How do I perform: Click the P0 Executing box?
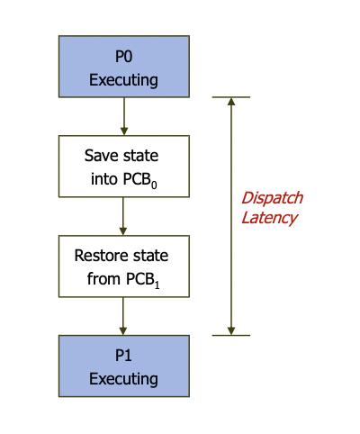click(123, 67)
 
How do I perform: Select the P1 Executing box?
click(123, 366)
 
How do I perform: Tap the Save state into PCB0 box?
click(123, 167)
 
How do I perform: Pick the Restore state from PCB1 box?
click(123, 267)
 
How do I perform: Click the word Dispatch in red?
click(272, 198)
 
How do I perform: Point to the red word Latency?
click(269, 218)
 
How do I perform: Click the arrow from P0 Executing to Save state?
click(123, 116)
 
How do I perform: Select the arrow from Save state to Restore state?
click(123, 216)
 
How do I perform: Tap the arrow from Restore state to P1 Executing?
click(123, 316)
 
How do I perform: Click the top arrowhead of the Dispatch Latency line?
click(231, 102)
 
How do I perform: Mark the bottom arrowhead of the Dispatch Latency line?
click(231, 330)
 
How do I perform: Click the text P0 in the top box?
click(123, 56)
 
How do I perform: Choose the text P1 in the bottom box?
click(123, 355)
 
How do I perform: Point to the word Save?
click(101, 156)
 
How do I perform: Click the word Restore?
click(101, 256)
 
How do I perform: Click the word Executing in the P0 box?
click(123, 79)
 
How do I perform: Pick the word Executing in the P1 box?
click(123, 378)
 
